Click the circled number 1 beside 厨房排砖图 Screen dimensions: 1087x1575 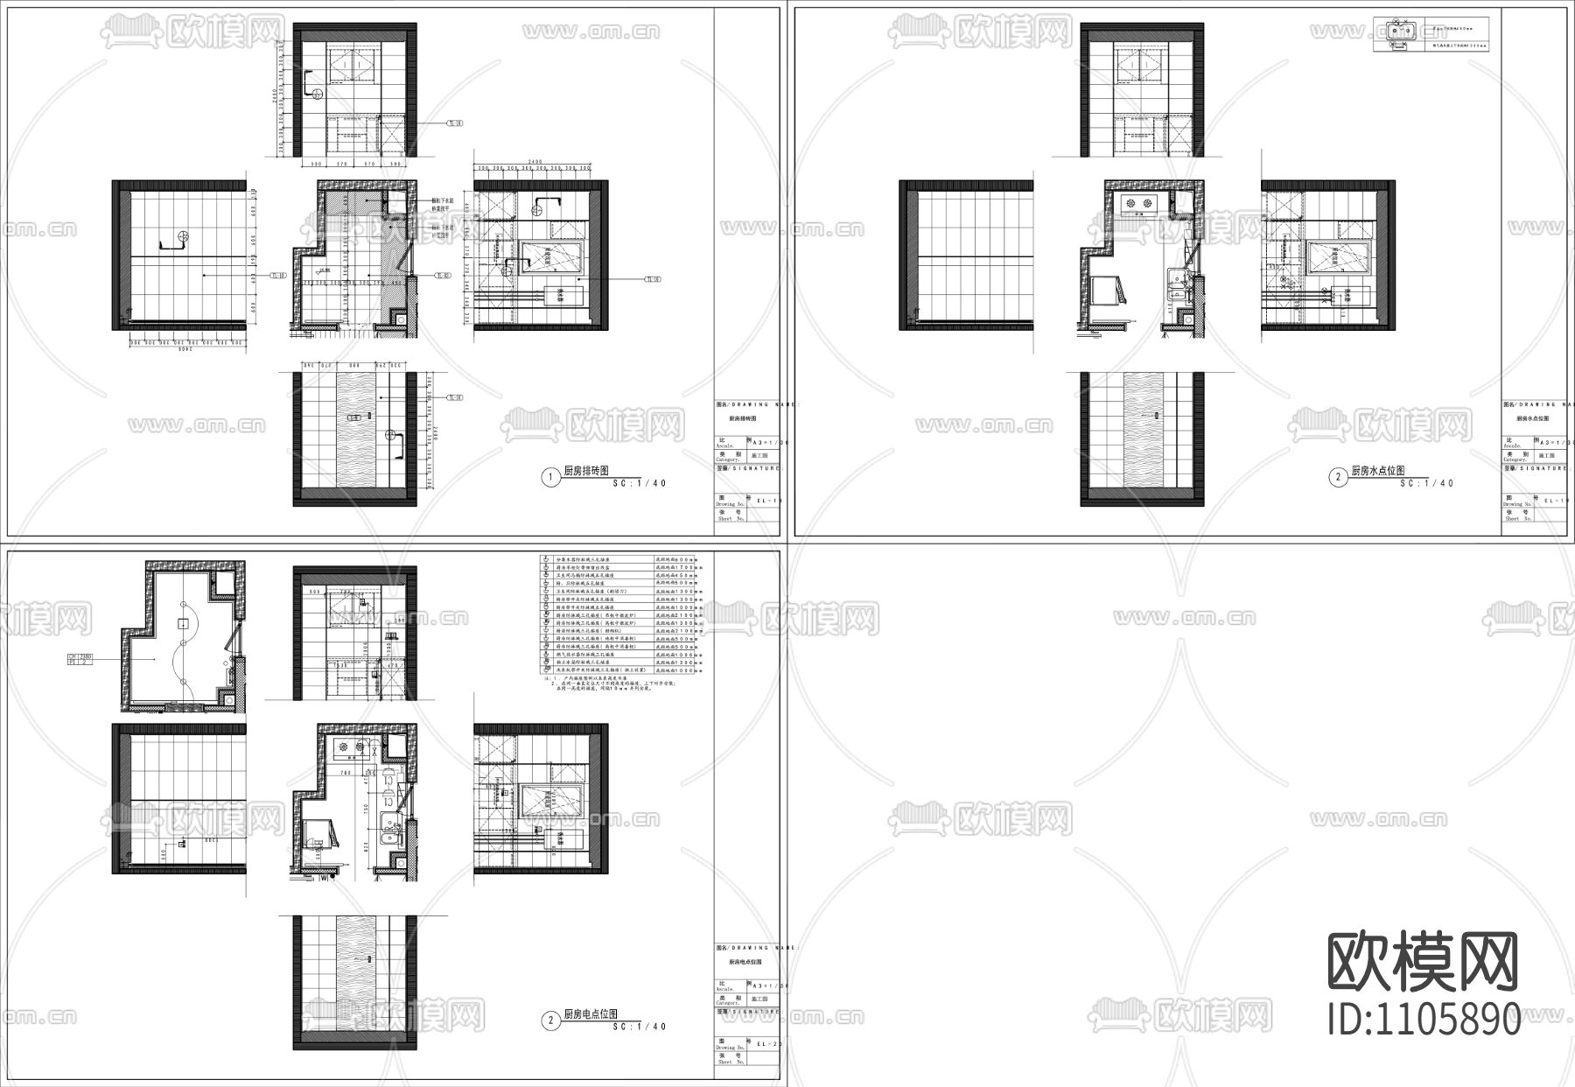tap(549, 477)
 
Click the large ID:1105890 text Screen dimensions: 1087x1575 tap(1424, 1020)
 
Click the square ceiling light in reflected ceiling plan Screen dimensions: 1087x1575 tap(182, 623)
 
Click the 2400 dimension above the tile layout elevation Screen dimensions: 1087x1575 tap(535, 162)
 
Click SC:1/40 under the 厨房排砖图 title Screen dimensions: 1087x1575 tap(640, 483)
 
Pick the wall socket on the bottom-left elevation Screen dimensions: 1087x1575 tap(181, 844)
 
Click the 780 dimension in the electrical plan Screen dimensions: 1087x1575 tap(345, 774)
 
